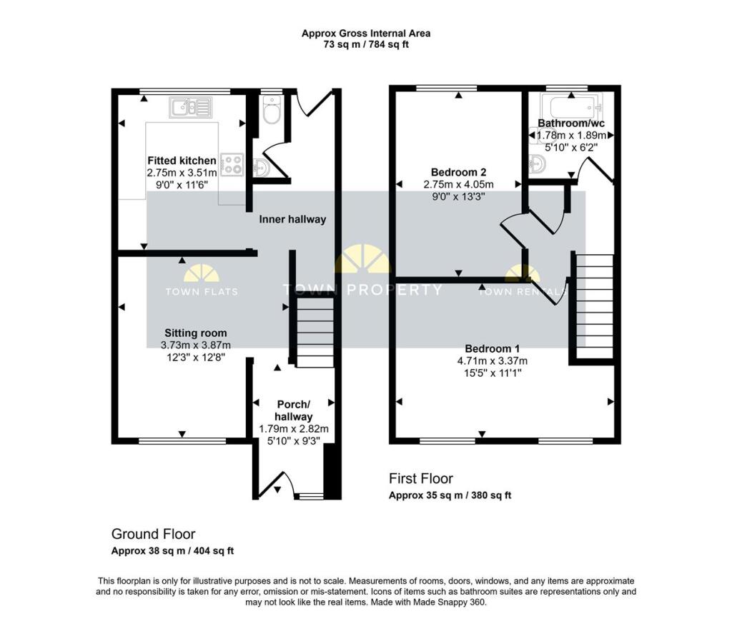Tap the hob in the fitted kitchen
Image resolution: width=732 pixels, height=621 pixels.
click(x=232, y=164)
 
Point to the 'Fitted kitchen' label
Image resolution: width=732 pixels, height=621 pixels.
click(x=182, y=161)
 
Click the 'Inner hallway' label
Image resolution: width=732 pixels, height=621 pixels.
click(x=292, y=219)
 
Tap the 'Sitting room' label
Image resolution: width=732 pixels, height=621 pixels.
click(x=196, y=333)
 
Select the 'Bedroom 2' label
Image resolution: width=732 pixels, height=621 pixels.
click(x=459, y=172)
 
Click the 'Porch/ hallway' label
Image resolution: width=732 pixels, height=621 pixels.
click(x=294, y=411)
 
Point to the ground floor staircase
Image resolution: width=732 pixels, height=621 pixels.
click(x=315, y=333)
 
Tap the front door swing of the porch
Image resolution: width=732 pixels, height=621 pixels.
click(x=277, y=485)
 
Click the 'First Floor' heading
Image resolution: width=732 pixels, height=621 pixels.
click(x=420, y=478)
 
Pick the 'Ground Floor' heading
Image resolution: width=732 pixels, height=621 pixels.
click(x=153, y=534)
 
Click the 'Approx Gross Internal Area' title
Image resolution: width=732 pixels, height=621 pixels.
click(x=366, y=33)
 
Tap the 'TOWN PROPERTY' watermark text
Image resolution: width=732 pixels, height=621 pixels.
click(x=362, y=290)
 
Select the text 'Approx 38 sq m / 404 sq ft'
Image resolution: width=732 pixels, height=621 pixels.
click(x=172, y=550)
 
